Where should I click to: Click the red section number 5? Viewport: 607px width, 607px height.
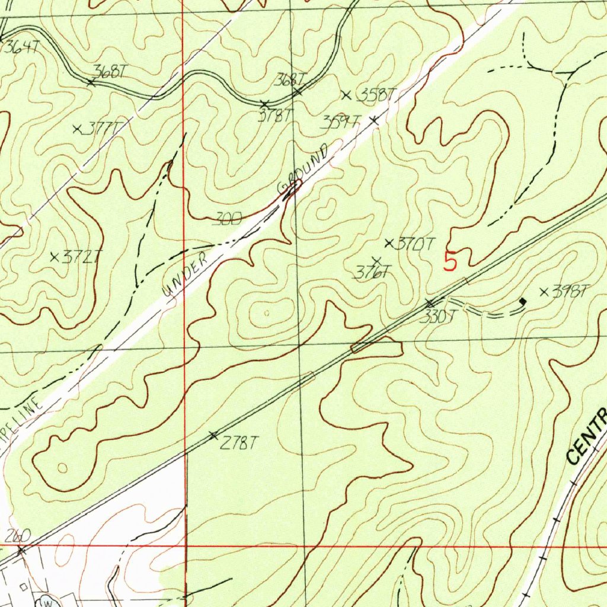click(451, 261)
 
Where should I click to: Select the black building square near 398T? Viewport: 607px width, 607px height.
click(522, 302)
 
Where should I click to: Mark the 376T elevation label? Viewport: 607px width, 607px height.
click(372, 273)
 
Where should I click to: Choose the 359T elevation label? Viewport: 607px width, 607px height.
click(340, 123)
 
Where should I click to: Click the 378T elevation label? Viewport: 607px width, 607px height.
click(276, 116)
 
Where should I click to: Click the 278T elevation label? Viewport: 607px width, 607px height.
click(239, 442)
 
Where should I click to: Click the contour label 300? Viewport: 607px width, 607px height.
click(226, 220)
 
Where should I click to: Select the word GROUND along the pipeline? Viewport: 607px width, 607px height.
click(305, 171)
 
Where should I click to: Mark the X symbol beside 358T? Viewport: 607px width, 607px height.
click(347, 94)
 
